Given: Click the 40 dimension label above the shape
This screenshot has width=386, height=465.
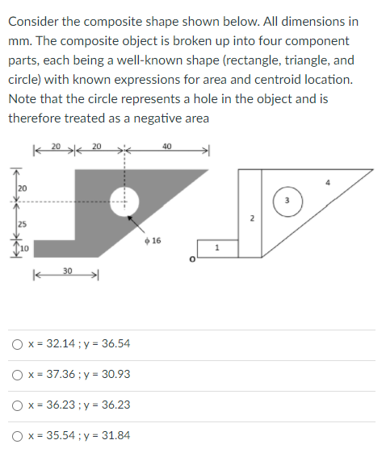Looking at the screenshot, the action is [166, 145].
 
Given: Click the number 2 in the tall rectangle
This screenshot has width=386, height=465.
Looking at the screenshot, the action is [251, 219].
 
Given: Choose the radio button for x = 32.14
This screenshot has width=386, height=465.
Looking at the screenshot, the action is [17, 344].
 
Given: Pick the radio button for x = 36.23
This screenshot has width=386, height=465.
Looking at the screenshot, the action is [17, 405].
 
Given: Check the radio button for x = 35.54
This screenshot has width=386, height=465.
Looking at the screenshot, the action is [17, 436].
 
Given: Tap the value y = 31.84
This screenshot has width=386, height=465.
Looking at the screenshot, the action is [105, 436].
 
